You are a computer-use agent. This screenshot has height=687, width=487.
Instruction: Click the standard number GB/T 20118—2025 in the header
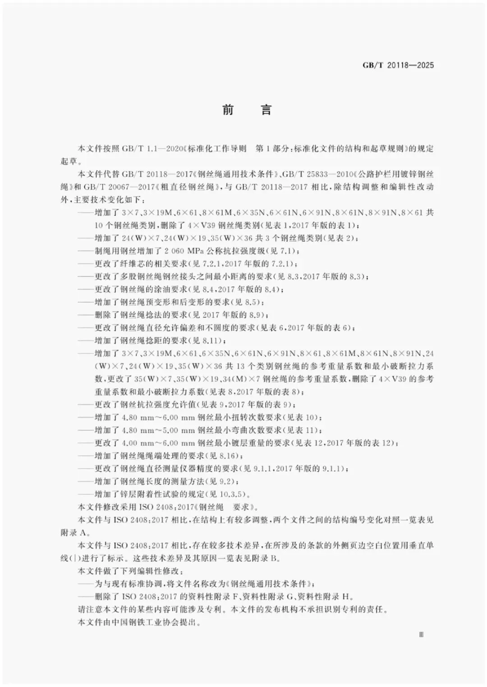(x=398, y=65)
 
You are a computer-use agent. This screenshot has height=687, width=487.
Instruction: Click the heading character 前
(x=228, y=110)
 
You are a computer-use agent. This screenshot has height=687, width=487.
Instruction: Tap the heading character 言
(x=266, y=110)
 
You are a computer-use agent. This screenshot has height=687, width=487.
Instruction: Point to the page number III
(x=421, y=635)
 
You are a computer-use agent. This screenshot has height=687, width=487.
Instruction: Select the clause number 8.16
(x=227, y=456)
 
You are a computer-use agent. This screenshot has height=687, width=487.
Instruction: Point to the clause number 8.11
(x=210, y=340)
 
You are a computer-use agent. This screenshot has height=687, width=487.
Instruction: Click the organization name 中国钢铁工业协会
(x=145, y=623)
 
